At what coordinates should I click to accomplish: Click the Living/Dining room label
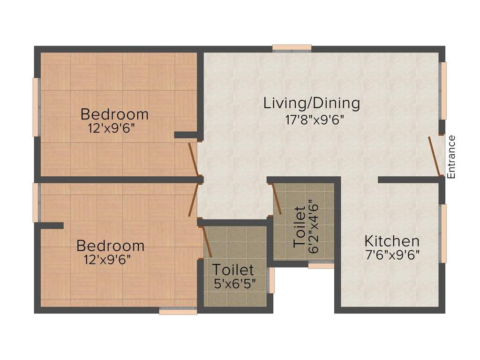click(311, 103)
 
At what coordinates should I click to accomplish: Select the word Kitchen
click(392, 241)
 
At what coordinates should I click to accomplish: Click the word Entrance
click(451, 157)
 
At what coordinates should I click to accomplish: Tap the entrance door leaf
click(435, 157)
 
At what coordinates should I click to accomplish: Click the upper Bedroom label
click(114, 114)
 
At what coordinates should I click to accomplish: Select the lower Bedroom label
click(111, 246)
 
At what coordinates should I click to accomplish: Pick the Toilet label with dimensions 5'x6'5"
click(233, 270)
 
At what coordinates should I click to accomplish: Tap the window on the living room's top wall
click(292, 48)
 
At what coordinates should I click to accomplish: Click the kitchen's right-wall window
click(443, 233)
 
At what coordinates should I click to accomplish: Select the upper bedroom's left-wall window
click(35, 107)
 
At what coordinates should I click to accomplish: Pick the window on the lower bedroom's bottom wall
click(178, 310)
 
